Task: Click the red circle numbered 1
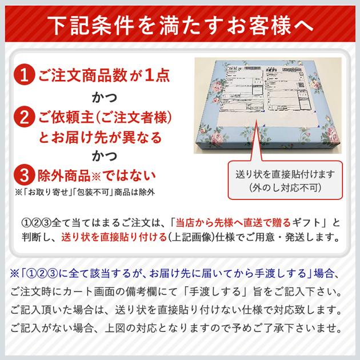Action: click(24, 75)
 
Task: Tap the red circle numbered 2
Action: click(24, 118)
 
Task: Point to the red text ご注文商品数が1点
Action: click(103, 75)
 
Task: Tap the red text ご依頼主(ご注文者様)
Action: click(105, 118)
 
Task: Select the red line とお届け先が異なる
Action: click(100, 137)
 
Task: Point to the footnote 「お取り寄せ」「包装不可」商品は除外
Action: click(86, 192)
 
